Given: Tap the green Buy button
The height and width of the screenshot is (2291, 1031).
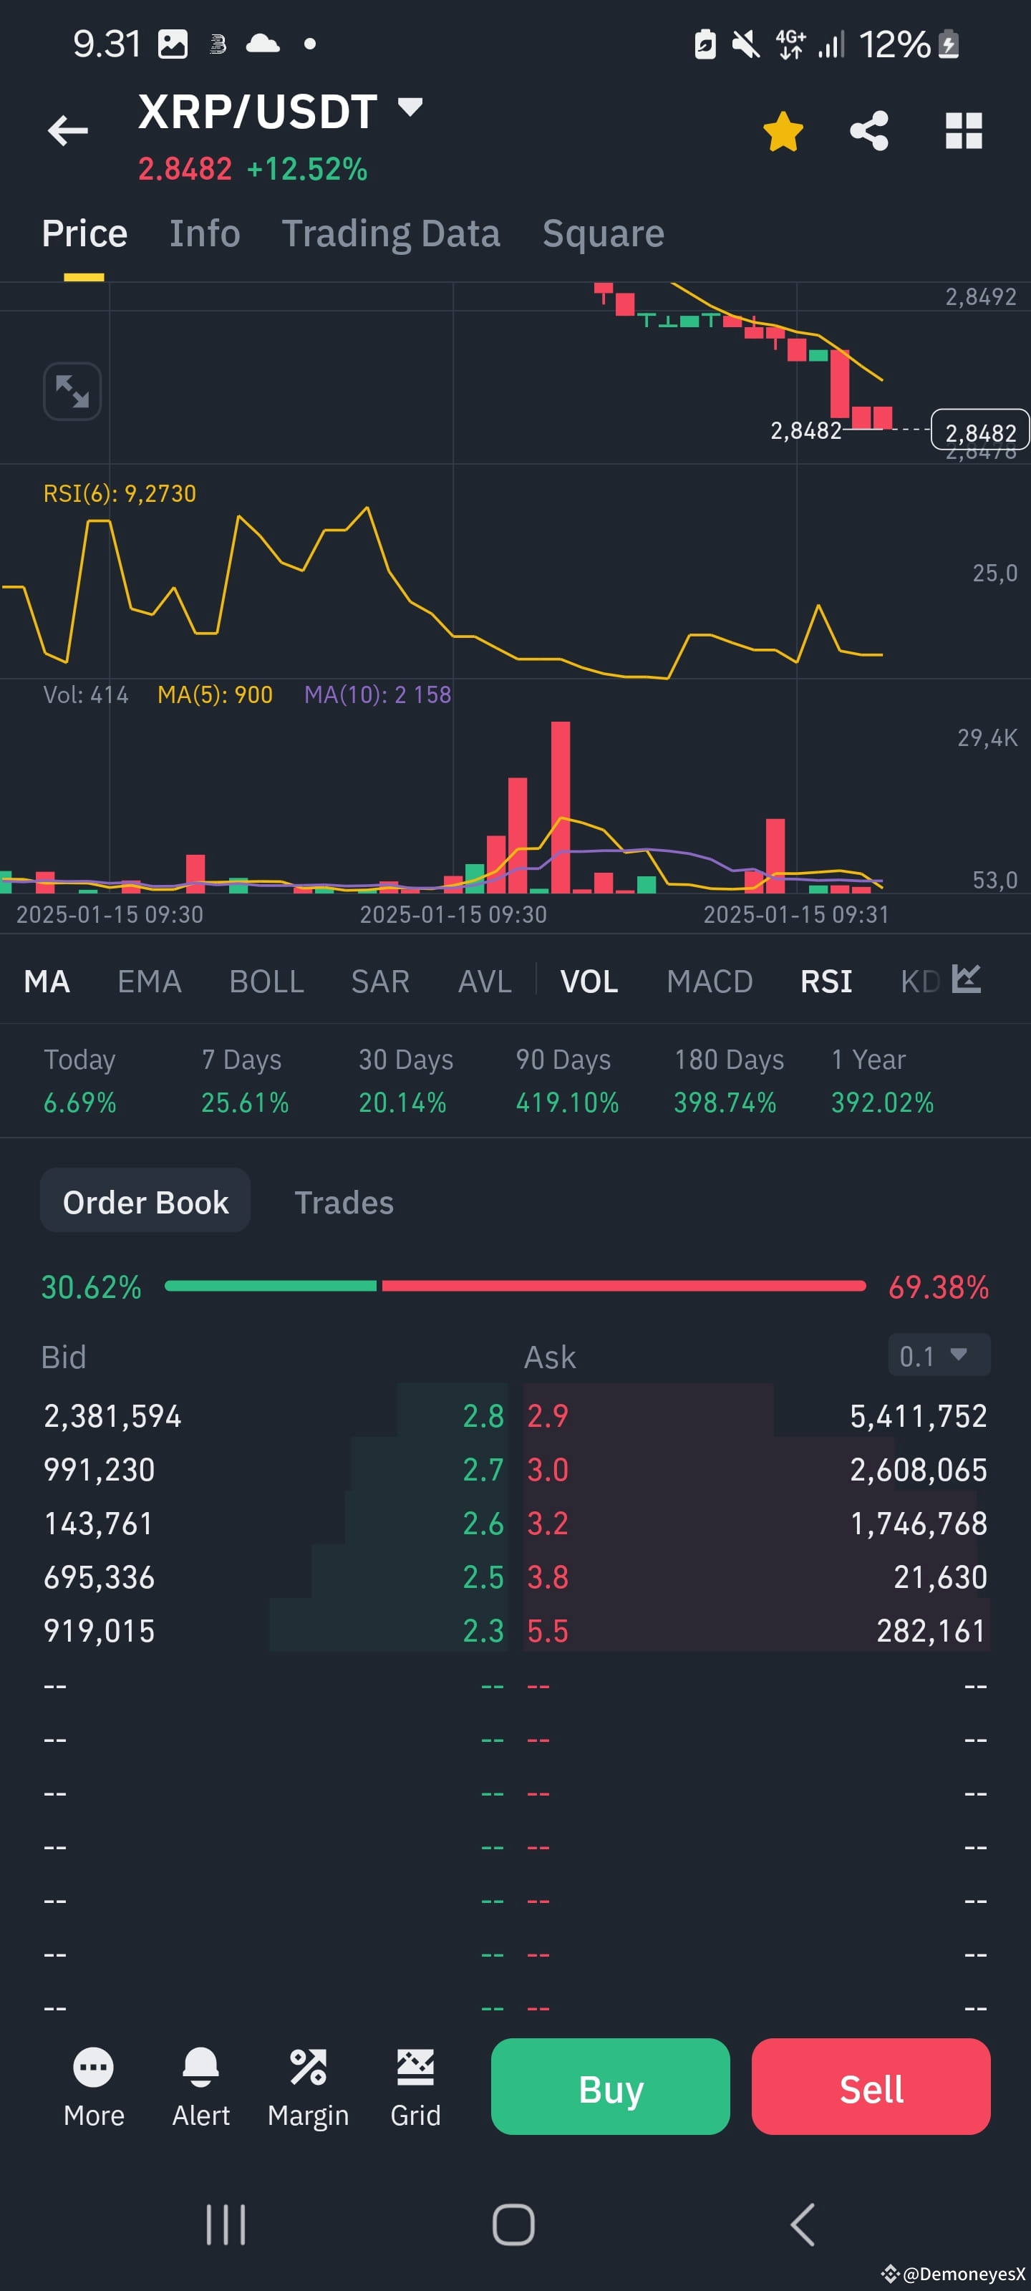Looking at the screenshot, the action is pos(610,2086).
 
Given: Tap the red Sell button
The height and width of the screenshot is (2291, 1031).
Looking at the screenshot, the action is pos(871,2086).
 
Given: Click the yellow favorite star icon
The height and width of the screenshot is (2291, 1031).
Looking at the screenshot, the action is pos(783,132).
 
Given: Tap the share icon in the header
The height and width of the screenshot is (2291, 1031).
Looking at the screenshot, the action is pos(869,131).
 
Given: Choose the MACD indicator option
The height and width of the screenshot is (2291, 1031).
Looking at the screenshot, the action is pos(710,981).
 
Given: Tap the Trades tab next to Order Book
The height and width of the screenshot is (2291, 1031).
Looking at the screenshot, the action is pos(344,1203).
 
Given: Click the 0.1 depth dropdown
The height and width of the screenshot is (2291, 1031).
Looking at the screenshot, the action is pos(939,1355).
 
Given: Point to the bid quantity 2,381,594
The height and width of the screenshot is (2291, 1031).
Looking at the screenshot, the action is pos(113,1416).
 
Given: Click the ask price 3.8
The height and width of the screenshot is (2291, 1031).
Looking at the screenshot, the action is pos(547,1576).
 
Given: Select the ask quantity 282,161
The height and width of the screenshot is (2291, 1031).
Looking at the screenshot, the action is pos(931,1631).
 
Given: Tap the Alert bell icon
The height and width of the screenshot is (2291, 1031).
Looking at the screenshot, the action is pos(201,2067).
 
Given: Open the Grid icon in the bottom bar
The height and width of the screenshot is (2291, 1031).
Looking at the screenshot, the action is pos(415,2067).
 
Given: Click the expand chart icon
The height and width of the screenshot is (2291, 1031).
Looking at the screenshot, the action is pos(72,392).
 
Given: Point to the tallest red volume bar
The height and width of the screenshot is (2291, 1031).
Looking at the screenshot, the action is pos(561,807).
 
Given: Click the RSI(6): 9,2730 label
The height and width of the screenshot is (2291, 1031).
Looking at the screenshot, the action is pos(120,493).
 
